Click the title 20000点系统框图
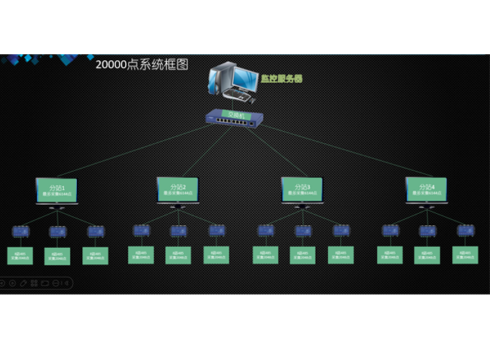click(x=142, y=65)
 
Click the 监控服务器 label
click(x=280, y=78)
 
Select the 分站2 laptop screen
click(x=179, y=189)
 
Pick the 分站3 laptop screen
click(x=303, y=189)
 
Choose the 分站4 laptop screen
click(x=427, y=189)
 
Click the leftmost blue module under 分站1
click(x=20, y=231)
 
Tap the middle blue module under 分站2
click(x=178, y=231)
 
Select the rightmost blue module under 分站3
click(x=341, y=230)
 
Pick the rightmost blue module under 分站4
click(x=464, y=230)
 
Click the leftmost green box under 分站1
click(x=20, y=255)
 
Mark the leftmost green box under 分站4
click(x=389, y=255)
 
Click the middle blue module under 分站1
click(x=57, y=231)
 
